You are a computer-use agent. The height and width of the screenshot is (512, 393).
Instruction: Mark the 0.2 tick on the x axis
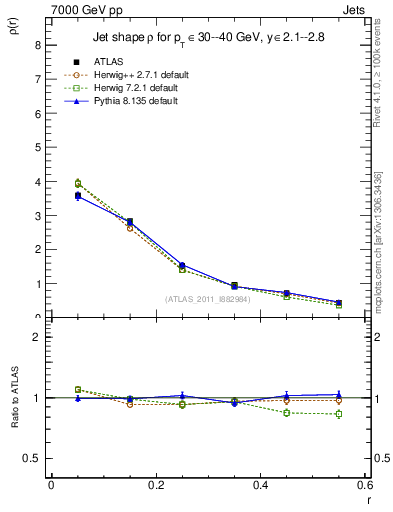[155, 484]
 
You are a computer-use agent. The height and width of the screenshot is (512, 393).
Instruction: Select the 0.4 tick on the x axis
[260, 484]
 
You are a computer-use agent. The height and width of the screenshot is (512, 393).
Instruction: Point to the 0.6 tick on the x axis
[365, 484]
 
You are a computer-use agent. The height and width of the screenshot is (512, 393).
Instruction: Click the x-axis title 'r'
[367, 497]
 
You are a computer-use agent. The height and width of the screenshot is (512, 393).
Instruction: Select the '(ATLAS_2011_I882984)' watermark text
[207, 299]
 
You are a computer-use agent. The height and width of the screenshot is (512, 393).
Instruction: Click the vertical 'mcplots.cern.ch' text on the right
[378, 255]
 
